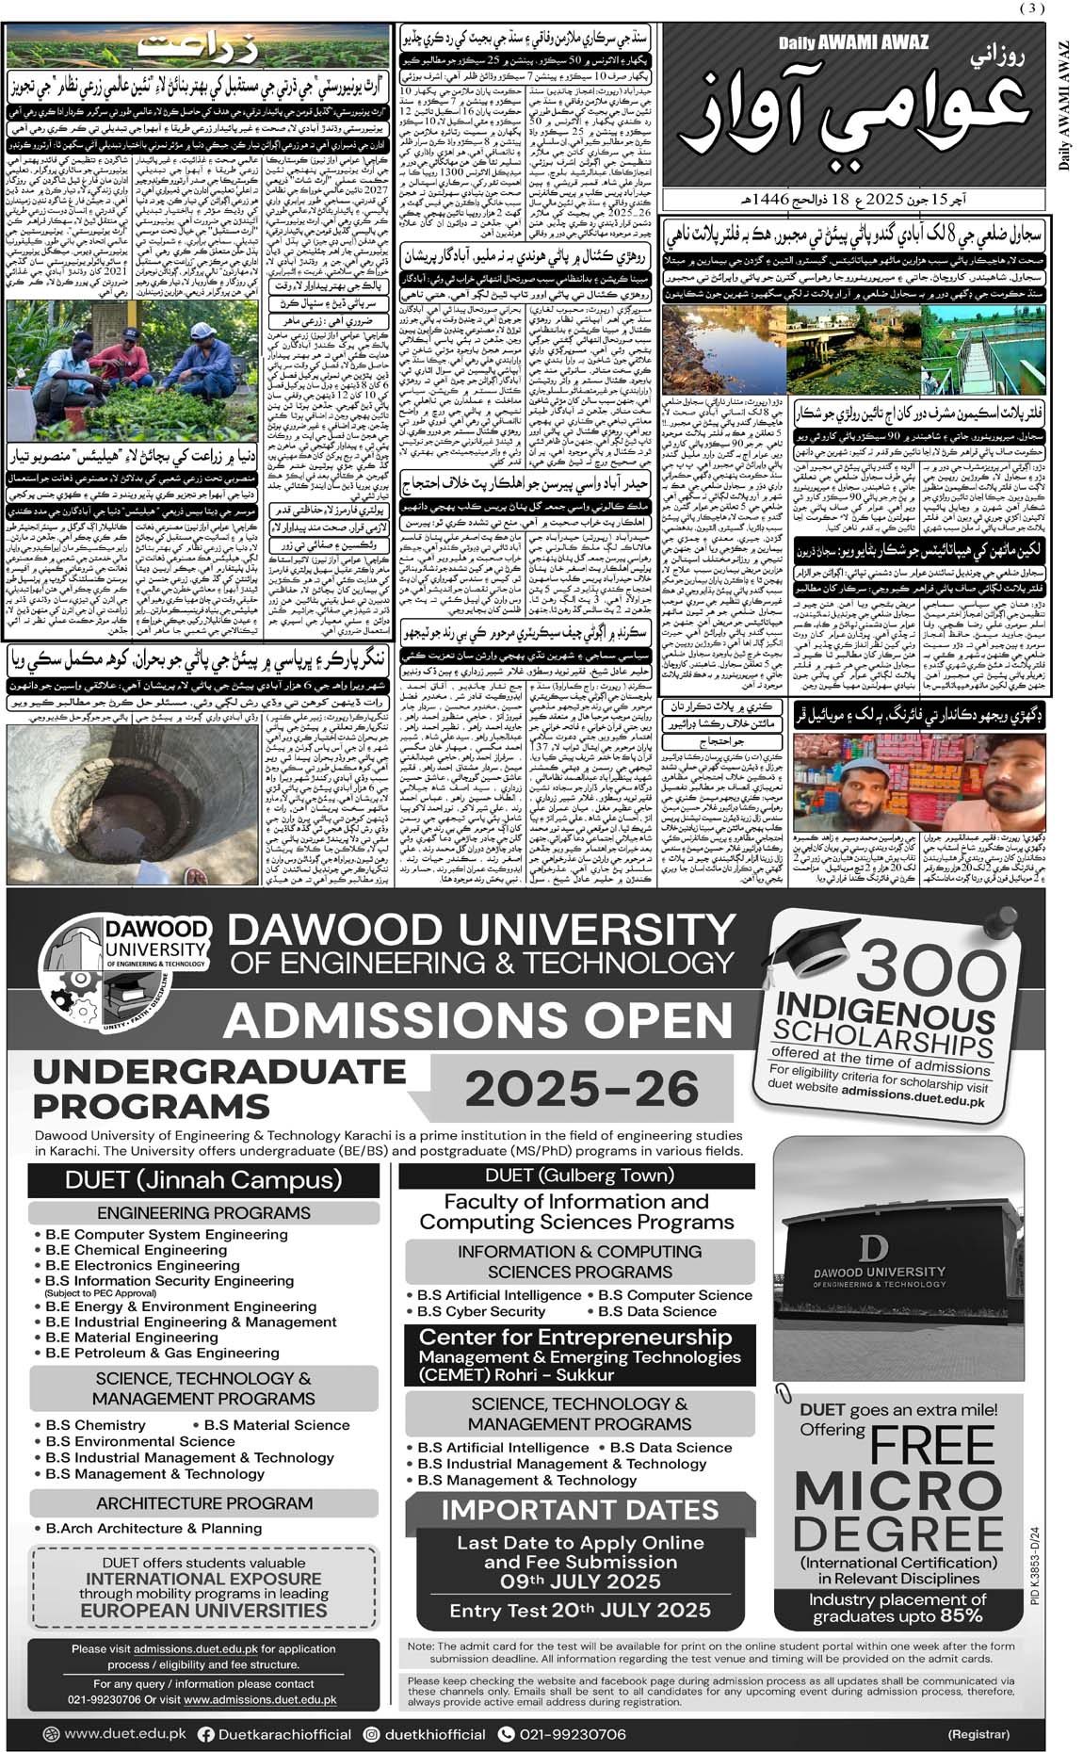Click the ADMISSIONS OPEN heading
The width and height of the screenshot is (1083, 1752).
478,1020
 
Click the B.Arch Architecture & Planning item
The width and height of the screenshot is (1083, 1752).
154,1528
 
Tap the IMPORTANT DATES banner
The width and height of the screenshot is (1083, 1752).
579,1509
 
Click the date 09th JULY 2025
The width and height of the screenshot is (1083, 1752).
580,1582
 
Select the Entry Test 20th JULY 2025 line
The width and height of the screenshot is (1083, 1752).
579,1610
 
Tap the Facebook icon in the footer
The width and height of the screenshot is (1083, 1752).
206,1734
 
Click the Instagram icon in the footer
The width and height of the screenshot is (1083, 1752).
372,1734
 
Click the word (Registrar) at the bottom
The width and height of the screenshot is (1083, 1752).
978,1734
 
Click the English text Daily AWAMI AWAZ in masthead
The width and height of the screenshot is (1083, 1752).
852,42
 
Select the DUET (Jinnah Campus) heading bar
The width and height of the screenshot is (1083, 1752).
203,1180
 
